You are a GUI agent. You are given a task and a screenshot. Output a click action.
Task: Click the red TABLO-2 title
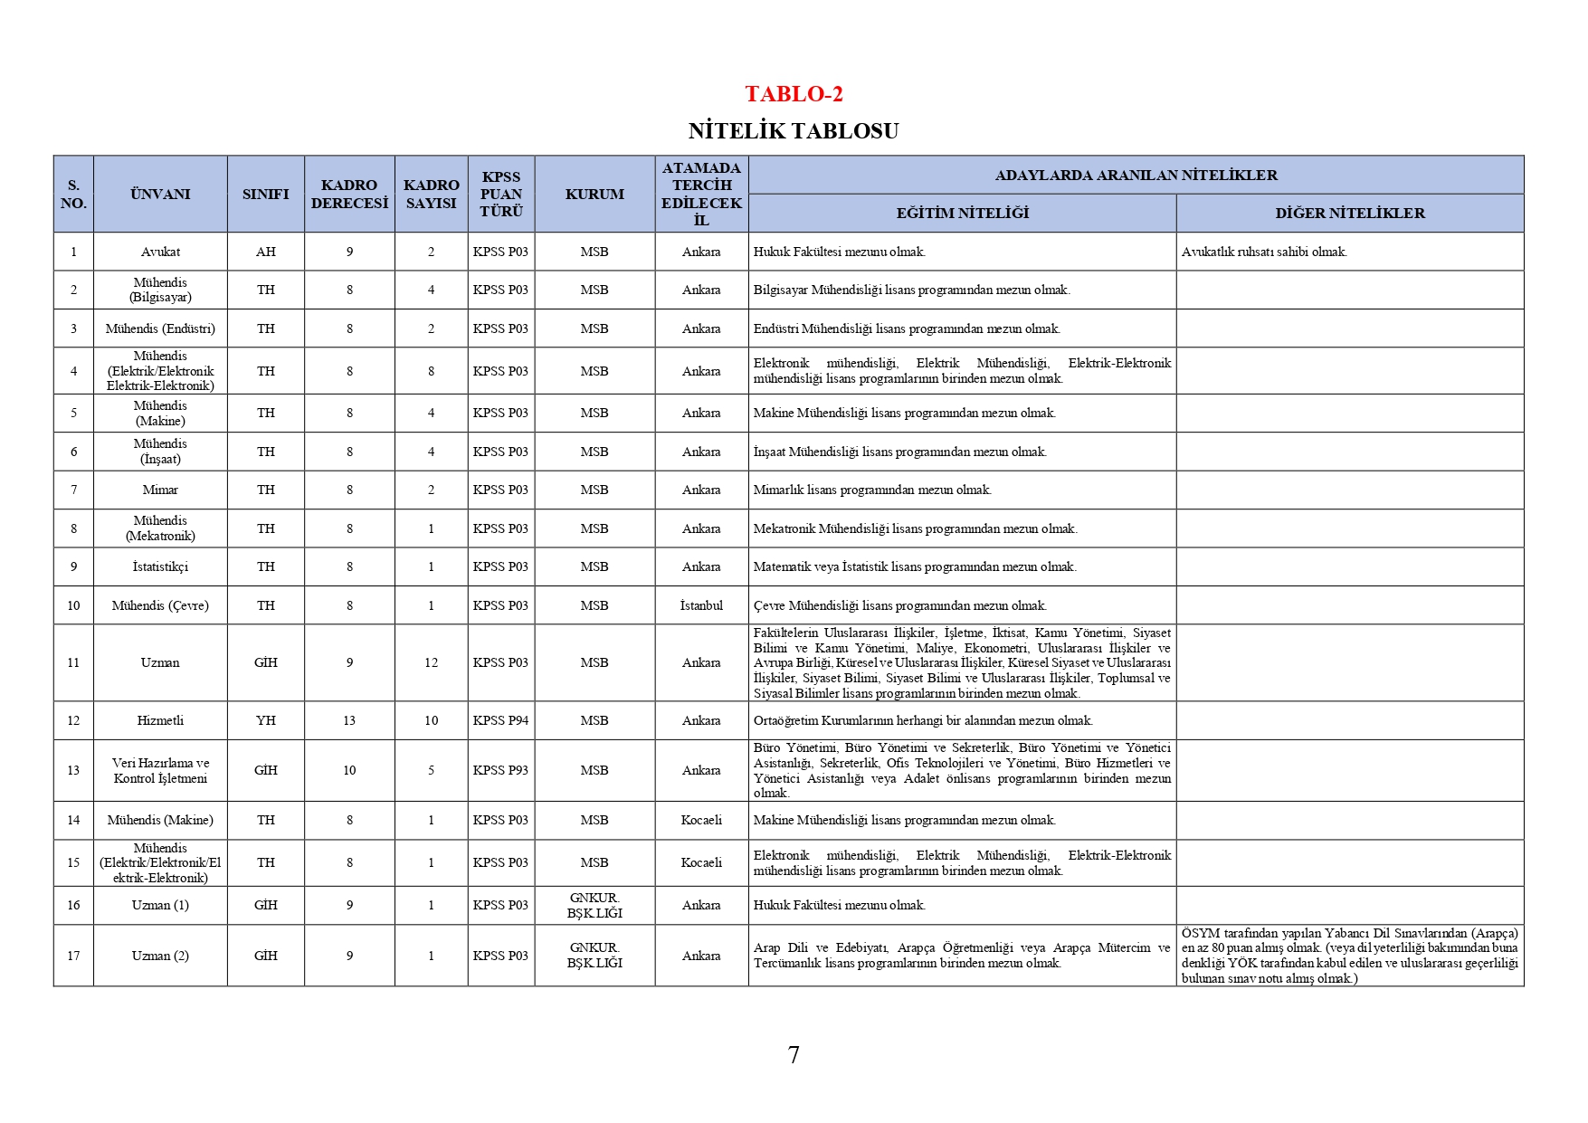[794, 94]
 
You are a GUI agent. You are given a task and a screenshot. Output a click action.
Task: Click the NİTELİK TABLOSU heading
[794, 131]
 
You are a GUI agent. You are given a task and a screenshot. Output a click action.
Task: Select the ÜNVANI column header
[160, 194]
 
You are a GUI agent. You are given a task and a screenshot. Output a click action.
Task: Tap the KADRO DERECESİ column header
[349, 194]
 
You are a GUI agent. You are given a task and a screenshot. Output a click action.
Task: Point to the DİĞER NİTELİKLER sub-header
[1349, 214]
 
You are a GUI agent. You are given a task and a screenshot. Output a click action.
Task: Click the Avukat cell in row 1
[160, 252]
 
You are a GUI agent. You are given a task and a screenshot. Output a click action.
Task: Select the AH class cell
[265, 252]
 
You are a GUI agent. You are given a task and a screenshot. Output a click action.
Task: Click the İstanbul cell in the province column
[701, 605]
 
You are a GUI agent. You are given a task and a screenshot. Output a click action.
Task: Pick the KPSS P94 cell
[500, 720]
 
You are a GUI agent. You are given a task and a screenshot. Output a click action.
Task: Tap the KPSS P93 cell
[500, 770]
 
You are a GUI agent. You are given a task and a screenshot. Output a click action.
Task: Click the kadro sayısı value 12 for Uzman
[431, 662]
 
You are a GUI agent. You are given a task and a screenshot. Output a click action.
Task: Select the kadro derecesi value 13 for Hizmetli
[349, 720]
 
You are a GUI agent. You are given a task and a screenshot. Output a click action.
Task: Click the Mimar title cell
[160, 490]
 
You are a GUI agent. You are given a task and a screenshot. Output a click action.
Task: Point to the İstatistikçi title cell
[160, 566]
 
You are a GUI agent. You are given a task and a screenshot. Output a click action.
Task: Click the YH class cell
[265, 720]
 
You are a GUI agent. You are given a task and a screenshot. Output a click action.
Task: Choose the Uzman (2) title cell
[160, 956]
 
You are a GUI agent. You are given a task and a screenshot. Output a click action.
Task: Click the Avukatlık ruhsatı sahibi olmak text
[1263, 252]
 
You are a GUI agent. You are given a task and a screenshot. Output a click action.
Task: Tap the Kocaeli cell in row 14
[701, 820]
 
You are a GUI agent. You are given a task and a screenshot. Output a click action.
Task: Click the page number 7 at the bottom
[794, 1055]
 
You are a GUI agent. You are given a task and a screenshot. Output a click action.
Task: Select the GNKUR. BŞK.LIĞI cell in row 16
[594, 905]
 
